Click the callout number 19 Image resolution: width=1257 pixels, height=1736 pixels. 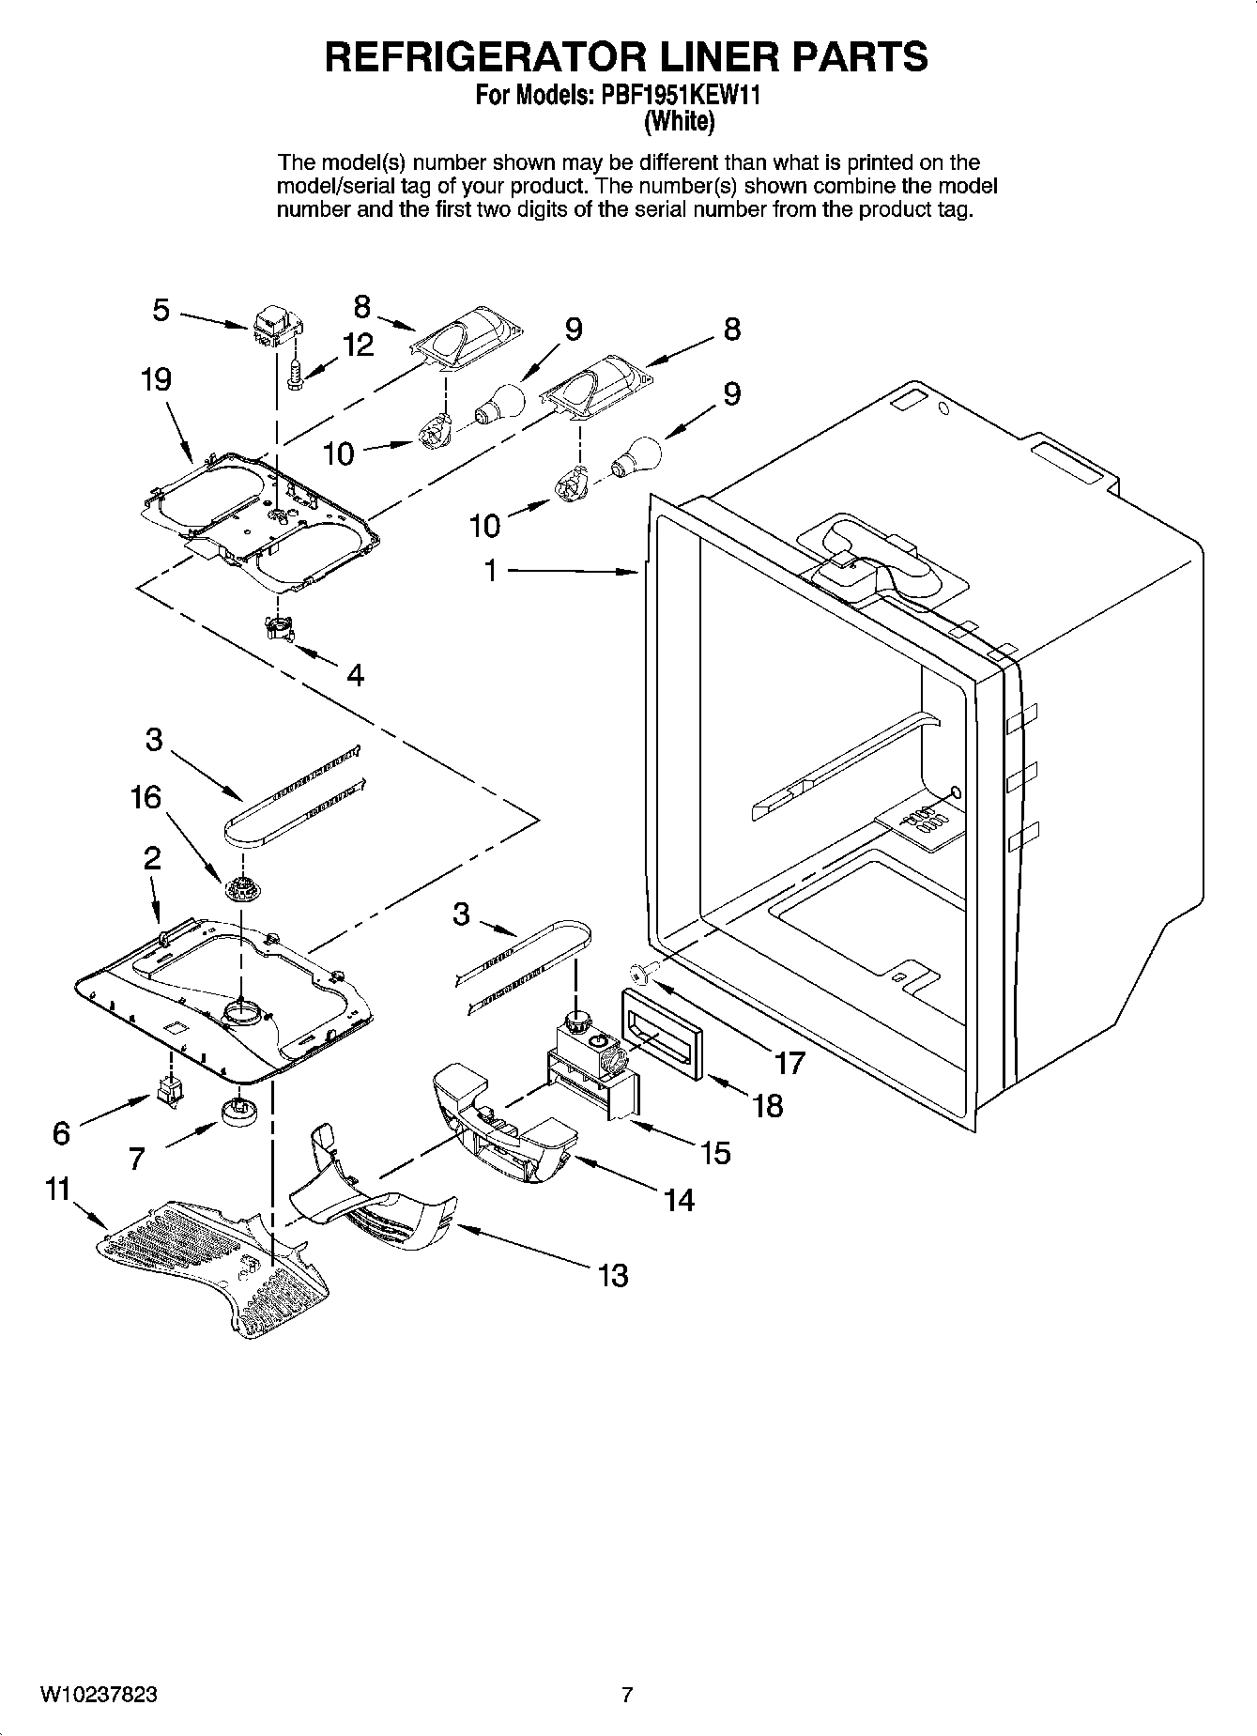click(x=157, y=380)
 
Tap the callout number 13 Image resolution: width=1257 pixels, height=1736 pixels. click(x=613, y=1275)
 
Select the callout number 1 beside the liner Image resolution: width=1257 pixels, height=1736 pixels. click(x=490, y=570)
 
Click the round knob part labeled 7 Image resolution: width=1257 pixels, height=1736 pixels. click(x=241, y=1111)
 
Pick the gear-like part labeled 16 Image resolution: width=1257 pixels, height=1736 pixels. click(x=242, y=885)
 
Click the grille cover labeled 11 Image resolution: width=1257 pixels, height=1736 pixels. click(x=212, y=1263)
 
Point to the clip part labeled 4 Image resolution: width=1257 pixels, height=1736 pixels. click(x=278, y=627)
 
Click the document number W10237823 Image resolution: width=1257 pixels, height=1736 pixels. click(x=98, y=1695)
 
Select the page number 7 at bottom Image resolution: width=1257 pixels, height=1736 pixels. click(x=628, y=1695)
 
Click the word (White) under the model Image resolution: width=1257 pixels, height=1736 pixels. click(x=680, y=121)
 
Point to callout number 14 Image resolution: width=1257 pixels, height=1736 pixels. click(x=678, y=1199)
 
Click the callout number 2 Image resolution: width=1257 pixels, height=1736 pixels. click(x=151, y=857)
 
